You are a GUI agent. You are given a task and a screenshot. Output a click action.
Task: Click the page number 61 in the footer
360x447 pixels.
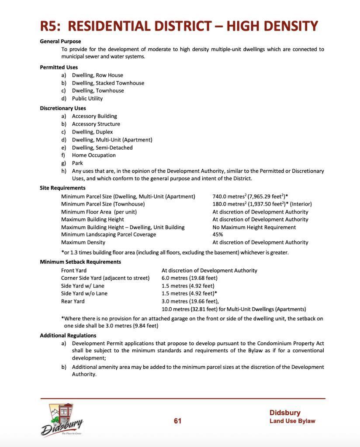coord(177,421)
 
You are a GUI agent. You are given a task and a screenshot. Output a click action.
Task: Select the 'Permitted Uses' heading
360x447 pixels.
coord(59,67)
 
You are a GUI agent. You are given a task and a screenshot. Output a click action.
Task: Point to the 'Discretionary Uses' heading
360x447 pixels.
coord(63,108)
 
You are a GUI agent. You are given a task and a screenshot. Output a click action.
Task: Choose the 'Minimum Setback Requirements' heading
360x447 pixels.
coord(80,262)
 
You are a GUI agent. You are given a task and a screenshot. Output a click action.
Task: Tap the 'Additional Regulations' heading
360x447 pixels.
coord(68,336)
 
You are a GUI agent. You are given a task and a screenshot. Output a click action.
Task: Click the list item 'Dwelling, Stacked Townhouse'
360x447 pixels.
coord(108,83)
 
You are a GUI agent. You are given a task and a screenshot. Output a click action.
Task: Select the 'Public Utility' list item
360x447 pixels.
coord(87,99)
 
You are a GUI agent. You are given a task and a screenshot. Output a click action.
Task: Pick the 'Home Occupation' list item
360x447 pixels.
coord(94,155)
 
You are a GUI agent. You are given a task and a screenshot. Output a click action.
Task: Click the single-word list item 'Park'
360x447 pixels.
coord(77,163)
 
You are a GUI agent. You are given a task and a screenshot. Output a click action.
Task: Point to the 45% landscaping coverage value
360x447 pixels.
coord(218,234)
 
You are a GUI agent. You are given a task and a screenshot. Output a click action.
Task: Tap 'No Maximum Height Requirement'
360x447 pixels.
coord(254,227)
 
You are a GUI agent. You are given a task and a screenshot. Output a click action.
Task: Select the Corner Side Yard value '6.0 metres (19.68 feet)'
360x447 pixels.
coord(190,278)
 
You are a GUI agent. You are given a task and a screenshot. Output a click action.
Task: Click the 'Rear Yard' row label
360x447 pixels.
coord(73,302)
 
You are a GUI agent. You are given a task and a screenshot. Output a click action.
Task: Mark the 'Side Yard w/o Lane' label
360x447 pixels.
coord(84,294)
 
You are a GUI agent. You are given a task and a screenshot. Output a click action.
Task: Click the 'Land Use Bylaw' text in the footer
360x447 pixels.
coord(292,421)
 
